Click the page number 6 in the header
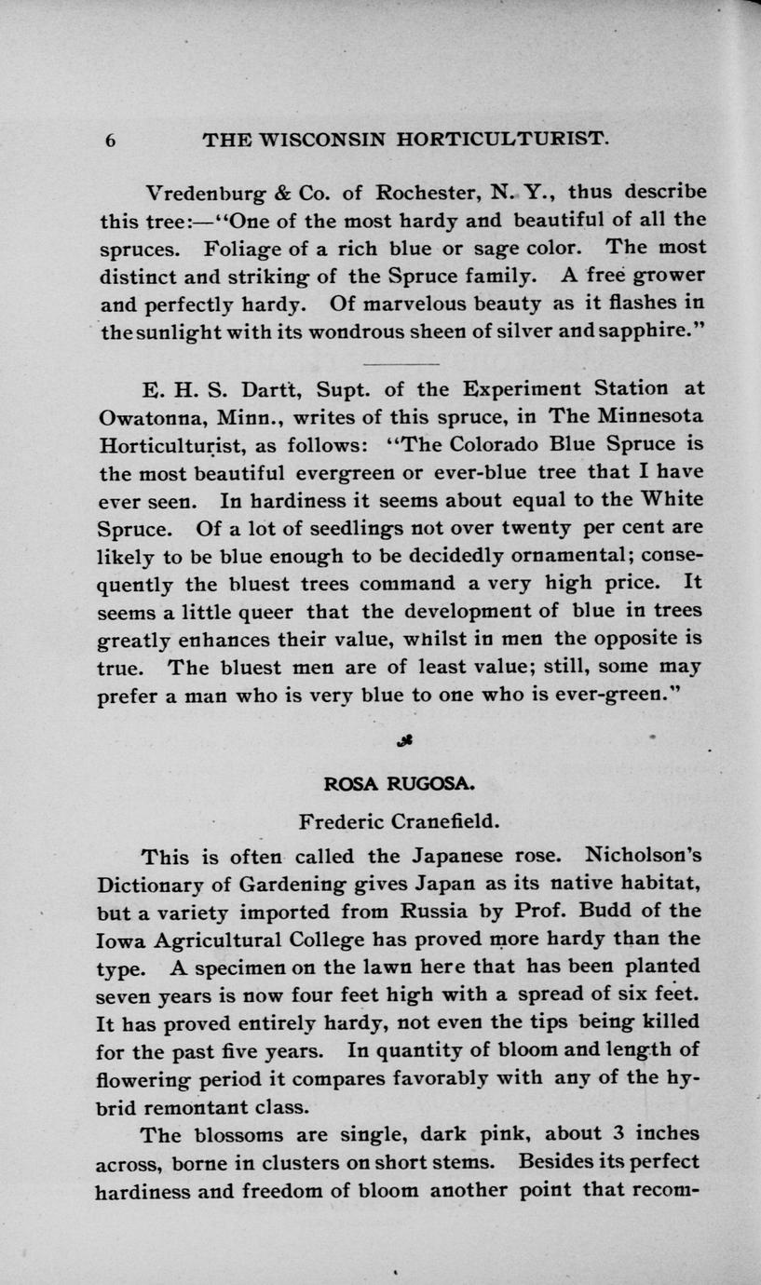pyautogui.click(x=110, y=140)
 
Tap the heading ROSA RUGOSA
pyautogui.click(x=399, y=784)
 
